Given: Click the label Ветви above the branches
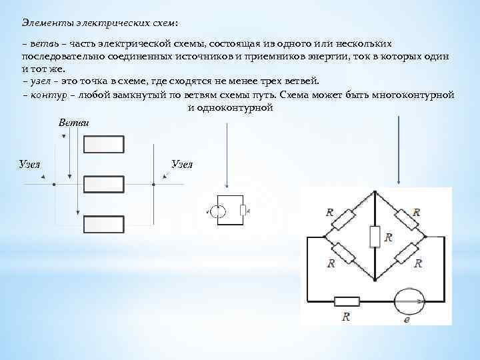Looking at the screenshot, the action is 74,123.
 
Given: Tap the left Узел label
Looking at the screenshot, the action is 29,163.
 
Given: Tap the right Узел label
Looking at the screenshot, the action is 182,163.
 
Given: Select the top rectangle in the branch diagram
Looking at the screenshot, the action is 103,145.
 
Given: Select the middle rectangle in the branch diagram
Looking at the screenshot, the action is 103,183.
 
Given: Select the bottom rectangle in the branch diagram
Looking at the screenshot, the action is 103,223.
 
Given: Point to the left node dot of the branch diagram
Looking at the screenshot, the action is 55,183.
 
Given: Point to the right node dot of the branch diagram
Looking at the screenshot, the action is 154,183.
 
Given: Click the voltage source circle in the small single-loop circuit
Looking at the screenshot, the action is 220,212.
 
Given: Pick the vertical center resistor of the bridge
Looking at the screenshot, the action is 375,236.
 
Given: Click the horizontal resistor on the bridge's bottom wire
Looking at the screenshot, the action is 347,301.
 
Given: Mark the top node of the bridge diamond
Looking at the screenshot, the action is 375,191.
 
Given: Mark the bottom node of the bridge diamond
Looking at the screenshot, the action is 375,279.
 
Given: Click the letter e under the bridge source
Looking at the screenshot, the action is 407,320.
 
